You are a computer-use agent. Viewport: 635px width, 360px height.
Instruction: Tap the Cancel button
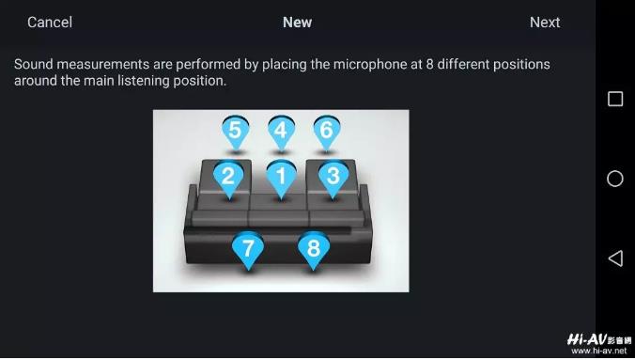click(x=50, y=23)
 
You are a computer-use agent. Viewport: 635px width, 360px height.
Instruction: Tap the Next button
click(x=545, y=23)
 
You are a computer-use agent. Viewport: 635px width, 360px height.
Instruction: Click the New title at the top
click(x=297, y=23)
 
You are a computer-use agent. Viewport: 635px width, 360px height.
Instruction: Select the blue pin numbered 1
click(x=281, y=179)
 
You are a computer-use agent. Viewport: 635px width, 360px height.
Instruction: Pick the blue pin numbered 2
click(x=228, y=179)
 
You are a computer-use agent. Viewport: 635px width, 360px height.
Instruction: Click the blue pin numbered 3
click(x=333, y=179)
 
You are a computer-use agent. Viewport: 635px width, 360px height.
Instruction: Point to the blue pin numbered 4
click(x=281, y=132)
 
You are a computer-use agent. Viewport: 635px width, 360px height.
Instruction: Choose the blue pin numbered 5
click(x=236, y=132)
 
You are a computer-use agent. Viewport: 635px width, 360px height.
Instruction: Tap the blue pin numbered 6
click(x=326, y=132)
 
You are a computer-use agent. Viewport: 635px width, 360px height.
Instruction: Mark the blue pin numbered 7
click(x=248, y=249)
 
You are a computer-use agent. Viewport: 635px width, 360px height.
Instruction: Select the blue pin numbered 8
click(x=314, y=249)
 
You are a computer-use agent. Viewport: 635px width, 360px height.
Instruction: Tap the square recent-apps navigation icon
click(x=615, y=99)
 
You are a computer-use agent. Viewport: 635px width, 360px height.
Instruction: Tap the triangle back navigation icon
click(x=615, y=258)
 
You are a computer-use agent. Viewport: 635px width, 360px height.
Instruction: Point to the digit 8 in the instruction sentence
click(x=429, y=65)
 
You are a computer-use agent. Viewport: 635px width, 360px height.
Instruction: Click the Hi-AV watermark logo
click(x=599, y=339)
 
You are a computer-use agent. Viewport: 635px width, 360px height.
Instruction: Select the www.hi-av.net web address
click(x=599, y=352)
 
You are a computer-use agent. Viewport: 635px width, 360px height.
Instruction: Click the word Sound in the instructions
click(x=34, y=65)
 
